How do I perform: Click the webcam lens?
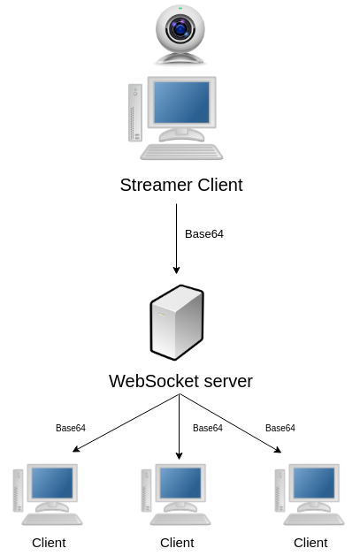point(180,28)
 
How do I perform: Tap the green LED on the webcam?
point(180,8)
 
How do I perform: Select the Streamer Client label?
point(181,185)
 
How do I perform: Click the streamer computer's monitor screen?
point(181,103)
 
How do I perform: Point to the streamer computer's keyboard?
point(181,152)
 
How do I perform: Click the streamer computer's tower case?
point(135,112)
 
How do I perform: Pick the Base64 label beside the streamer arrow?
point(204,234)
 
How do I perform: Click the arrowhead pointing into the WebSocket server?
point(176,270)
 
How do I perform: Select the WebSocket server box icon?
point(177,323)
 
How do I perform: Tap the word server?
point(228,381)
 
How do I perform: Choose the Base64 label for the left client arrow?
point(71,428)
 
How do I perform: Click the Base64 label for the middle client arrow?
point(208,428)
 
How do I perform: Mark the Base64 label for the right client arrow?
point(280,428)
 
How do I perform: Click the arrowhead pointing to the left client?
point(76,449)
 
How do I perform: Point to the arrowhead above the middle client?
point(179,456)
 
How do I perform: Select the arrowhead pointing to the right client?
point(278,450)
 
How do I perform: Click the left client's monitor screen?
point(52,483)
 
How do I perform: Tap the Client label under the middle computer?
point(177,543)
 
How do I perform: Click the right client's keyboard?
point(314,519)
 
